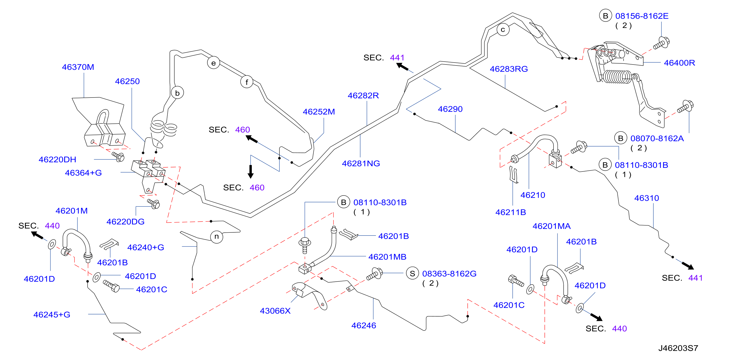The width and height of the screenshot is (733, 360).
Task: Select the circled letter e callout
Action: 213,63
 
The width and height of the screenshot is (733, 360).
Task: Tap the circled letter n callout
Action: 217,237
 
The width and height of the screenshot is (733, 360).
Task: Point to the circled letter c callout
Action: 503,30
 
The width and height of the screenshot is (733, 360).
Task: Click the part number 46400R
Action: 679,63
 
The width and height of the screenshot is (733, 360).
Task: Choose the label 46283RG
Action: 509,69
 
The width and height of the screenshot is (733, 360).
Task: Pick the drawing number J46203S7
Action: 678,348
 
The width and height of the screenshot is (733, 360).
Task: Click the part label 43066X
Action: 275,311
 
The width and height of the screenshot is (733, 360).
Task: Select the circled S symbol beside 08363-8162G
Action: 412,273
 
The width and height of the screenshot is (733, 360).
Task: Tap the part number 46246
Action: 364,325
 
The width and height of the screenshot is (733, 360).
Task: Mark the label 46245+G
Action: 52,314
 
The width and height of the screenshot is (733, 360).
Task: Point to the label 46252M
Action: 319,112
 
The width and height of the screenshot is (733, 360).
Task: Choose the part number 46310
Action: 646,198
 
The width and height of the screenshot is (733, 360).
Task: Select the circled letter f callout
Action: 247,82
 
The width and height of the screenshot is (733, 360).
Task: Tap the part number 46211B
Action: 511,212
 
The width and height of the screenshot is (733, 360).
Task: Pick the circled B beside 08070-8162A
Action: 621,138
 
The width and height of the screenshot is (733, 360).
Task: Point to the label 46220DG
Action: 125,221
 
